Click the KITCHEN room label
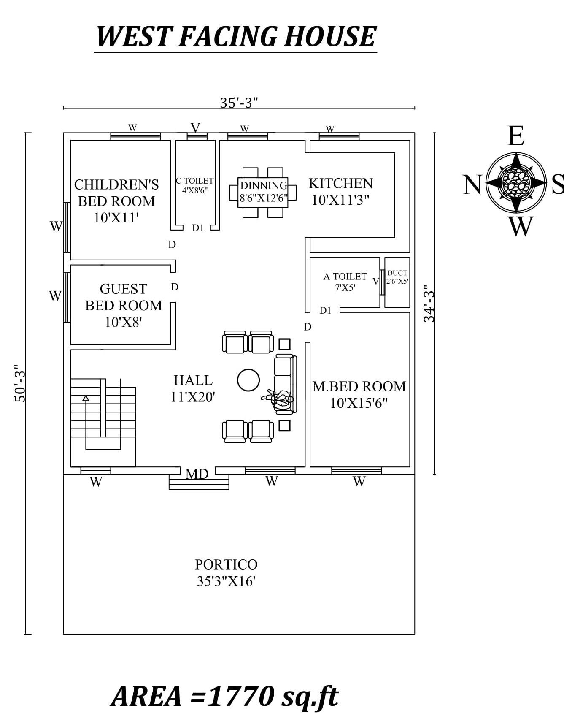click(340, 184)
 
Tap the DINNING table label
click(263, 185)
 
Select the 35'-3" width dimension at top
click(239, 103)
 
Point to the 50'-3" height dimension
click(20, 383)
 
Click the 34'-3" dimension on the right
click(429, 306)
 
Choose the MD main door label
click(197, 474)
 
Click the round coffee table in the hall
click(248, 380)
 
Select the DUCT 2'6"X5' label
click(397, 277)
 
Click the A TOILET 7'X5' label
click(345, 282)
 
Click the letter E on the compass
click(516, 136)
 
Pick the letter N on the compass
click(472, 185)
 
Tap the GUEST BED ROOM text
click(123, 297)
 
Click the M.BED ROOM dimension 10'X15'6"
click(359, 403)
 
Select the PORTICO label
click(226, 564)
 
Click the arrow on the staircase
click(86, 398)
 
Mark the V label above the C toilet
click(195, 127)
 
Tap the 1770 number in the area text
click(242, 696)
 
